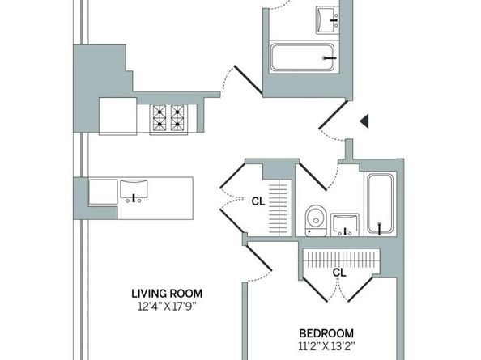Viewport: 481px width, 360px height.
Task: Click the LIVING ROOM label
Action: [166, 293]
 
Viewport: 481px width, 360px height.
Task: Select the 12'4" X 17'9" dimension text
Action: [166, 306]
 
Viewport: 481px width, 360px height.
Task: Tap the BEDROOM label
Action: [326, 333]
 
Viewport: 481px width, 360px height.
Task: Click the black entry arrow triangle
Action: [364, 121]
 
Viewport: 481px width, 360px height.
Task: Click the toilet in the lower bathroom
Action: [316, 219]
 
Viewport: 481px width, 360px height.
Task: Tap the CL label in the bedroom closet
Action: [338, 273]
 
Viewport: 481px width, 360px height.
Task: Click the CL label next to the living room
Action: [258, 200]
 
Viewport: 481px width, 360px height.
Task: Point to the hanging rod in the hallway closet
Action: [279, 207]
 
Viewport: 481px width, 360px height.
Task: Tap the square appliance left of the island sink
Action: [103, 192]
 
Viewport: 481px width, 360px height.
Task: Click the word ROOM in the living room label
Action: [185, 293]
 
